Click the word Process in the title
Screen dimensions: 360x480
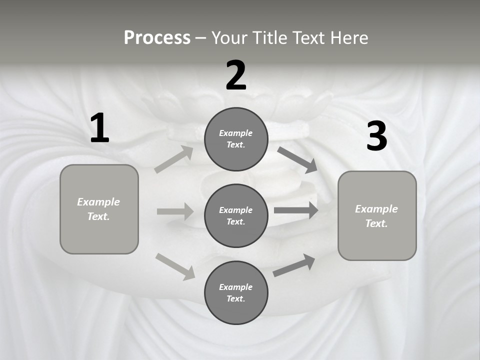pyautogui.click(x=157, y=38)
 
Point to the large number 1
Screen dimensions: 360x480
pyautogui.click(x=99, y=128)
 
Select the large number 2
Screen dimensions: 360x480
pyautogui.click(x=236, y=75)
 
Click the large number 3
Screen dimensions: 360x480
pyautogui.click(x=376, y=136)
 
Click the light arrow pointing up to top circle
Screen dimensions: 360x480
pyautogui.click(x=174, y=159)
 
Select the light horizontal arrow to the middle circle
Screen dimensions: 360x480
pyautogui.click(x=175, y=211)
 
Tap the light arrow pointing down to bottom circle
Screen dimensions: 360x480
pyautogui.click(x=175, y=266)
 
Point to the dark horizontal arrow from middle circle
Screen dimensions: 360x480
pyautogui.click(x=296, y=210)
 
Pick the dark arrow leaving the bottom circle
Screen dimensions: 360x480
pyautogui.click(x=294, y=265)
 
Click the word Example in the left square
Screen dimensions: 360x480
pyautogui.click(x=98, y=202)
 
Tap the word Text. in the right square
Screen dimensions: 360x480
pyautogui.click(x=376, y=223)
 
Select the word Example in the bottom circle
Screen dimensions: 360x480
pyautogui.click(x=236, y=287)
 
